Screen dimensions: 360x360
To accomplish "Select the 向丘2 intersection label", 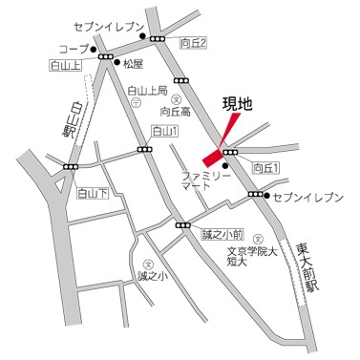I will point(193,41).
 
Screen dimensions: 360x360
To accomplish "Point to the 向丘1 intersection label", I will point(266,168).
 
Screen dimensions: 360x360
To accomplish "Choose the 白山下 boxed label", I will point(93,194).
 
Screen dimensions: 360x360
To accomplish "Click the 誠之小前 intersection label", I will point(222,233).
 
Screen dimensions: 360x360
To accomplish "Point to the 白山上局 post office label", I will point(147,91).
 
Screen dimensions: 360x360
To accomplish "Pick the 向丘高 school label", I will point(176,112).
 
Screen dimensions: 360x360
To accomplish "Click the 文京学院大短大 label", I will point(257,258).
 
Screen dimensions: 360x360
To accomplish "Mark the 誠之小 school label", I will point(151,278).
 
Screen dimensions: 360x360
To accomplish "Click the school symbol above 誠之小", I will point(147,265).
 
